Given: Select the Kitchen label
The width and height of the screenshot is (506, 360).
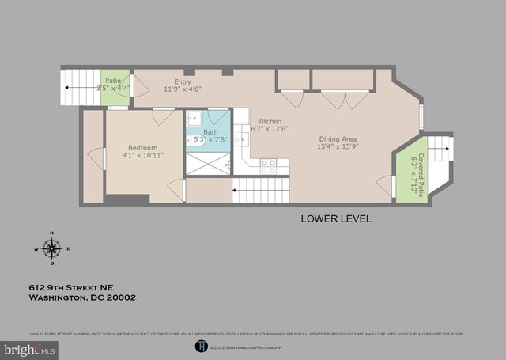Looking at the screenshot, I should [270, 121].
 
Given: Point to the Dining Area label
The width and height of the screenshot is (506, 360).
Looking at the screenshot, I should [338, 138].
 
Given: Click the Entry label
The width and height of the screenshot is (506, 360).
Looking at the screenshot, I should [182, 81].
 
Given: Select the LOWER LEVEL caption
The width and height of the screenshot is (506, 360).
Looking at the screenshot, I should [335, 218].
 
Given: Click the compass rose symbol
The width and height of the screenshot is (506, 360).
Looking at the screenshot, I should [52, 249].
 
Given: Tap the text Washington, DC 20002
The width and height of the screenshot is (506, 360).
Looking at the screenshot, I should [83, 298].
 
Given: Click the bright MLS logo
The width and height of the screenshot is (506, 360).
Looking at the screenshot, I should [29, 348].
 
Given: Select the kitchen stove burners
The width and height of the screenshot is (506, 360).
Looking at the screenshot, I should [268, 166].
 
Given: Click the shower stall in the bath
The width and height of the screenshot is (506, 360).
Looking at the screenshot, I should [207, 164].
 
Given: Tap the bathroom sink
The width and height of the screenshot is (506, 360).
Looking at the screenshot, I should [194, 119].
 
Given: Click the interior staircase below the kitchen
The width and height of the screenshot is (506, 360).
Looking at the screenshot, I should [261, 190].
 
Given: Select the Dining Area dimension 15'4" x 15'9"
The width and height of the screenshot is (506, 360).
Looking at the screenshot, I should [338, 146].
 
